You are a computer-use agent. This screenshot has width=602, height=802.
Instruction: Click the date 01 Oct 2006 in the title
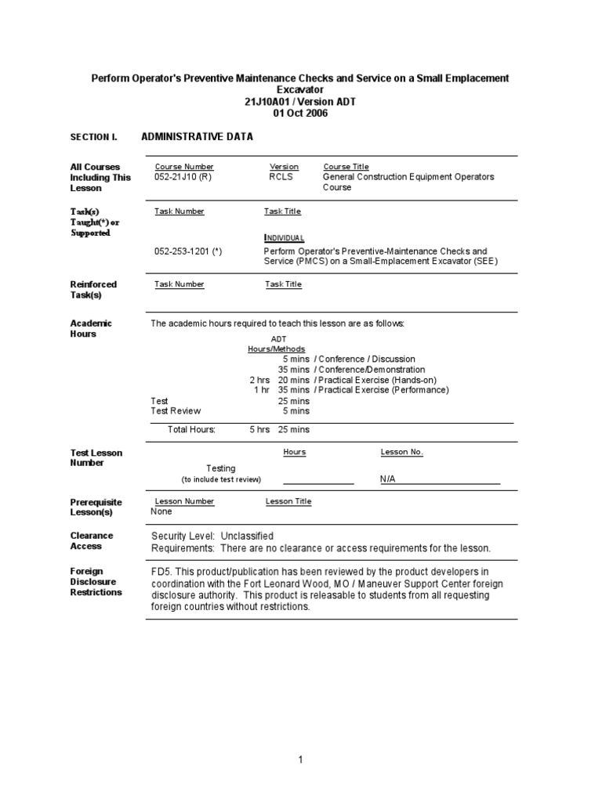click(300, 113)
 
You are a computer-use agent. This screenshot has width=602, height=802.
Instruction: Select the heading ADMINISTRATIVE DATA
click(197, 136)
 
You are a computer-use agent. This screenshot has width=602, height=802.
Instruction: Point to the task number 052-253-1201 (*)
click(188, 251)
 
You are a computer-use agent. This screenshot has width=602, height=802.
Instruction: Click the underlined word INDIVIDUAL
click(285, 237)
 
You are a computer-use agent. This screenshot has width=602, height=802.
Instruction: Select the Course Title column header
click(346, 167)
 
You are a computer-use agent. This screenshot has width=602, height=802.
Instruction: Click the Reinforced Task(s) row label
click(93, 290)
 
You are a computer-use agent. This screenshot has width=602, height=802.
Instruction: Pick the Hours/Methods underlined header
click(277, 349)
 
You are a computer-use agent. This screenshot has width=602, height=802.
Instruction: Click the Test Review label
click(176, 410)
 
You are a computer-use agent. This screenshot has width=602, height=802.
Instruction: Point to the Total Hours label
click(191, 429)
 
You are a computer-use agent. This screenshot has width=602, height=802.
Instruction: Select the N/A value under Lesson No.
click(388, 479)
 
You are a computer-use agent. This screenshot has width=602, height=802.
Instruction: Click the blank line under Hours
click(317, 482)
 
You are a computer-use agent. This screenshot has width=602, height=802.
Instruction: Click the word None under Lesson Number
click(161, 511)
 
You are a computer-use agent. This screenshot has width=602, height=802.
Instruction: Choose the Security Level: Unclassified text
click(212, 536)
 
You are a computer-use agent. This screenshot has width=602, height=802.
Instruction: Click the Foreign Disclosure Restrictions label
click(96, 582)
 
